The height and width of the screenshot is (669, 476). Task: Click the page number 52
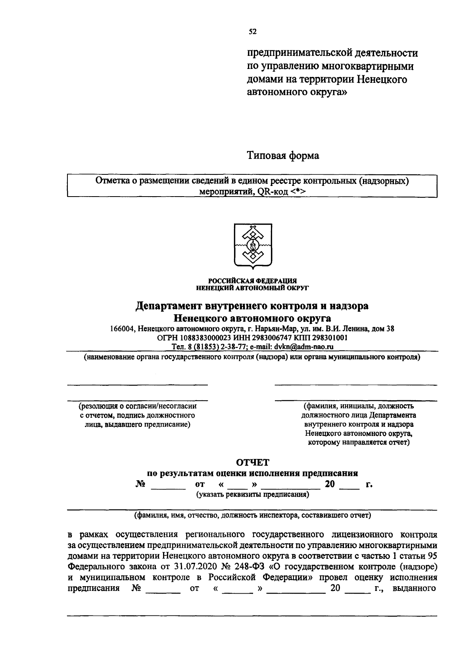[253, 32]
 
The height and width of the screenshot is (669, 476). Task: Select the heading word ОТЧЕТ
[253, 462]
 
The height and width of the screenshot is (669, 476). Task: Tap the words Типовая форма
[283, 156]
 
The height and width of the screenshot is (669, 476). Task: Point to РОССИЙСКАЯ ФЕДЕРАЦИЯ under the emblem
[253, 281]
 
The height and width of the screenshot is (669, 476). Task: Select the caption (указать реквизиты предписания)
[252, 494]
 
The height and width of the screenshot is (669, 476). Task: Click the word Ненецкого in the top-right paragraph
[382, 79]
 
